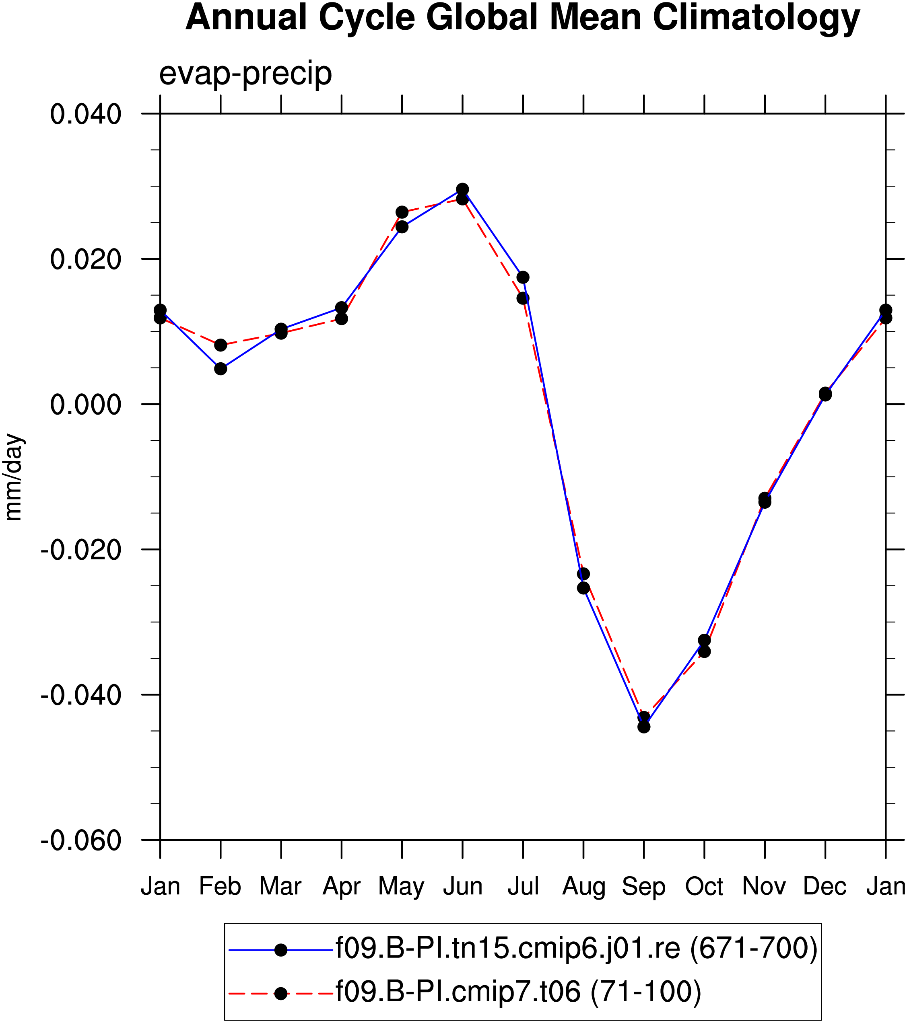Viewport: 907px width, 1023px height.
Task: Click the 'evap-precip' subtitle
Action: click(x=245, y=74)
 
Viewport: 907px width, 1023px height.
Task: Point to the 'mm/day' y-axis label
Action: click(x=14, y=477)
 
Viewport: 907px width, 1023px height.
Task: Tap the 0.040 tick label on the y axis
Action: click(x=86, y=114)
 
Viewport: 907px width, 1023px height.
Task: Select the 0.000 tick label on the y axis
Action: click(x=86, y=405)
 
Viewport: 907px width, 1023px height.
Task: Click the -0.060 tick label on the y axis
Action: click(x=81, y=840)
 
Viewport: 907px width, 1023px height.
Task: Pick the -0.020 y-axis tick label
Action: click(x=81, y=550)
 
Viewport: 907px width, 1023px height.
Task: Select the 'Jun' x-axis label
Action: click(x=463, y=886)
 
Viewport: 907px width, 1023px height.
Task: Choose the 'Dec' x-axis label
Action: click(x=825, y=886)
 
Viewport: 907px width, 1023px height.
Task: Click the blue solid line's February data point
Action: click(x=221, y=369)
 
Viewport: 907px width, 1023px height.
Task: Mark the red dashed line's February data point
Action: click(x=221, y=345)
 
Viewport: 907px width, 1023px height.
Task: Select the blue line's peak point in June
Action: click(x=463, y=189)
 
